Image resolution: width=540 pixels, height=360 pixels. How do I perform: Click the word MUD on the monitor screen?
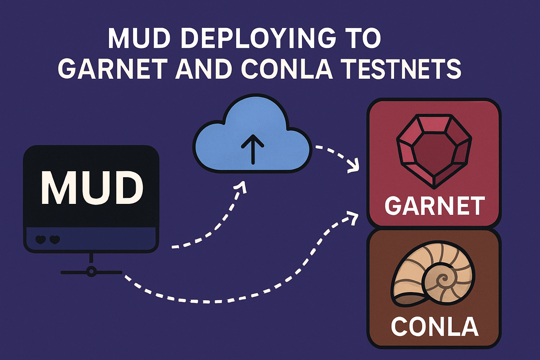(x=92, y=188)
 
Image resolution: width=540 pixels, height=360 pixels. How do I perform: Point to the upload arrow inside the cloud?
(x=252, y=149)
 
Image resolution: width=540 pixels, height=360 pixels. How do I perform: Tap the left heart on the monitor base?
(x=41, y=240)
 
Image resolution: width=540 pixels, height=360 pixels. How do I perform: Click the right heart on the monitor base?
(x=54, y=240)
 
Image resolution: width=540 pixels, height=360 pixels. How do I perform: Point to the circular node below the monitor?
(x=91, y=272)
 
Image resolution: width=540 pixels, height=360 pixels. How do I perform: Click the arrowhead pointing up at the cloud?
(x=241, y=187)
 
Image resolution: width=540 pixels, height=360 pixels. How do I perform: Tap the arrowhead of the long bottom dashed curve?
(x=353, y=216)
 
